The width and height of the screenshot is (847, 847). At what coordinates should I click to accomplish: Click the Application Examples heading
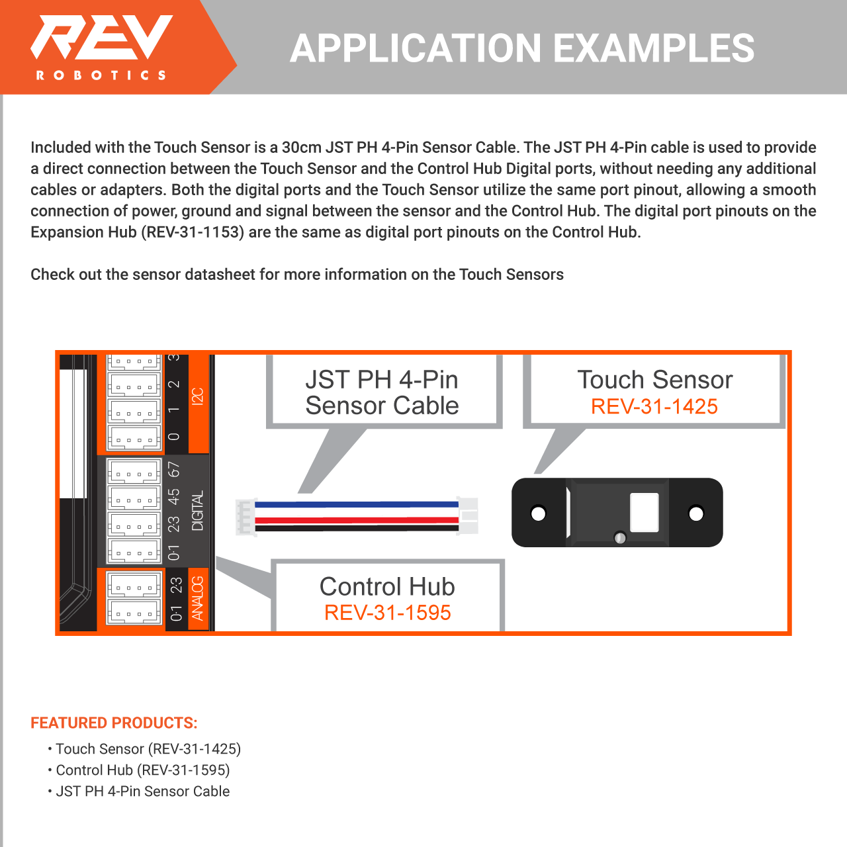pos(522,48)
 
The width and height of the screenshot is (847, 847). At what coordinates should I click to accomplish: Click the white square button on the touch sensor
pos(645,512)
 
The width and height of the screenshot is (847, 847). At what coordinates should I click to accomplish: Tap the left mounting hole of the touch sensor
pos(539,513)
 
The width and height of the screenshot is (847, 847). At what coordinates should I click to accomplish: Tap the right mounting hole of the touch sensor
pos(696,513)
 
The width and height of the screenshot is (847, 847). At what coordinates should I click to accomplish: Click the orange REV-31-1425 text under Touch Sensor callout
pos(654,406)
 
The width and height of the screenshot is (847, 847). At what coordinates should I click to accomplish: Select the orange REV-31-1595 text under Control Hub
pos(387,613)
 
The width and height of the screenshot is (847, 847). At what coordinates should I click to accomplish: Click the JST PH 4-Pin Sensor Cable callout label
pos(382,392)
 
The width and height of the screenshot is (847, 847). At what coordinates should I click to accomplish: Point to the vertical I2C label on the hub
pos(197,396)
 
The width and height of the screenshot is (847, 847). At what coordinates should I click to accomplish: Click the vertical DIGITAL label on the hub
pos(197,510)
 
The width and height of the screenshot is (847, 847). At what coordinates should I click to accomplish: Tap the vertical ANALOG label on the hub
pos(197,598)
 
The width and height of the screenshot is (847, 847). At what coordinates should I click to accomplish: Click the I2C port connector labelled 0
pos(134,437)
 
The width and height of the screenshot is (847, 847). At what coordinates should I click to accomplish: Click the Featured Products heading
pos(114,723)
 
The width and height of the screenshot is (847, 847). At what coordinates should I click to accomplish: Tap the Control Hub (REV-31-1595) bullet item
pos(142,770)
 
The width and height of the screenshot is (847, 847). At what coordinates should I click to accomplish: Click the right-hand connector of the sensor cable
pos(468,515)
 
